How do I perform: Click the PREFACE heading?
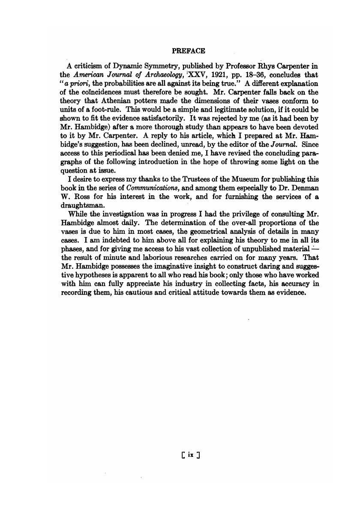pos(189,51)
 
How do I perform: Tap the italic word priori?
pos(84,82)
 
